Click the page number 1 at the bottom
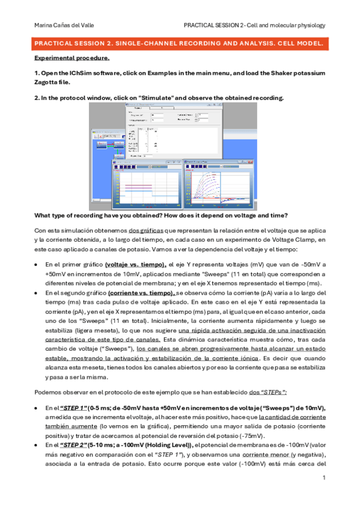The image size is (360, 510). tap(323, 478)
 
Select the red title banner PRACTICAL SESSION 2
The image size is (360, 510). tap(180, 45)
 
